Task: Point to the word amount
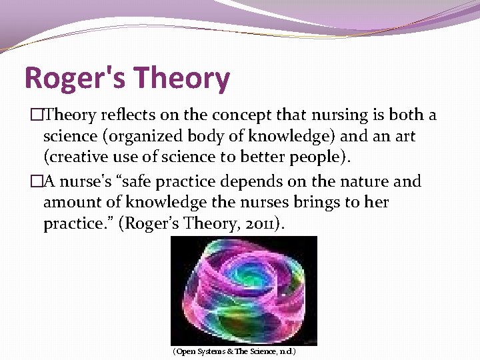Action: (69, 203)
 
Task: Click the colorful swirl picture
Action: (243, 290)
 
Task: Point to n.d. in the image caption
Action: (285, 351)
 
